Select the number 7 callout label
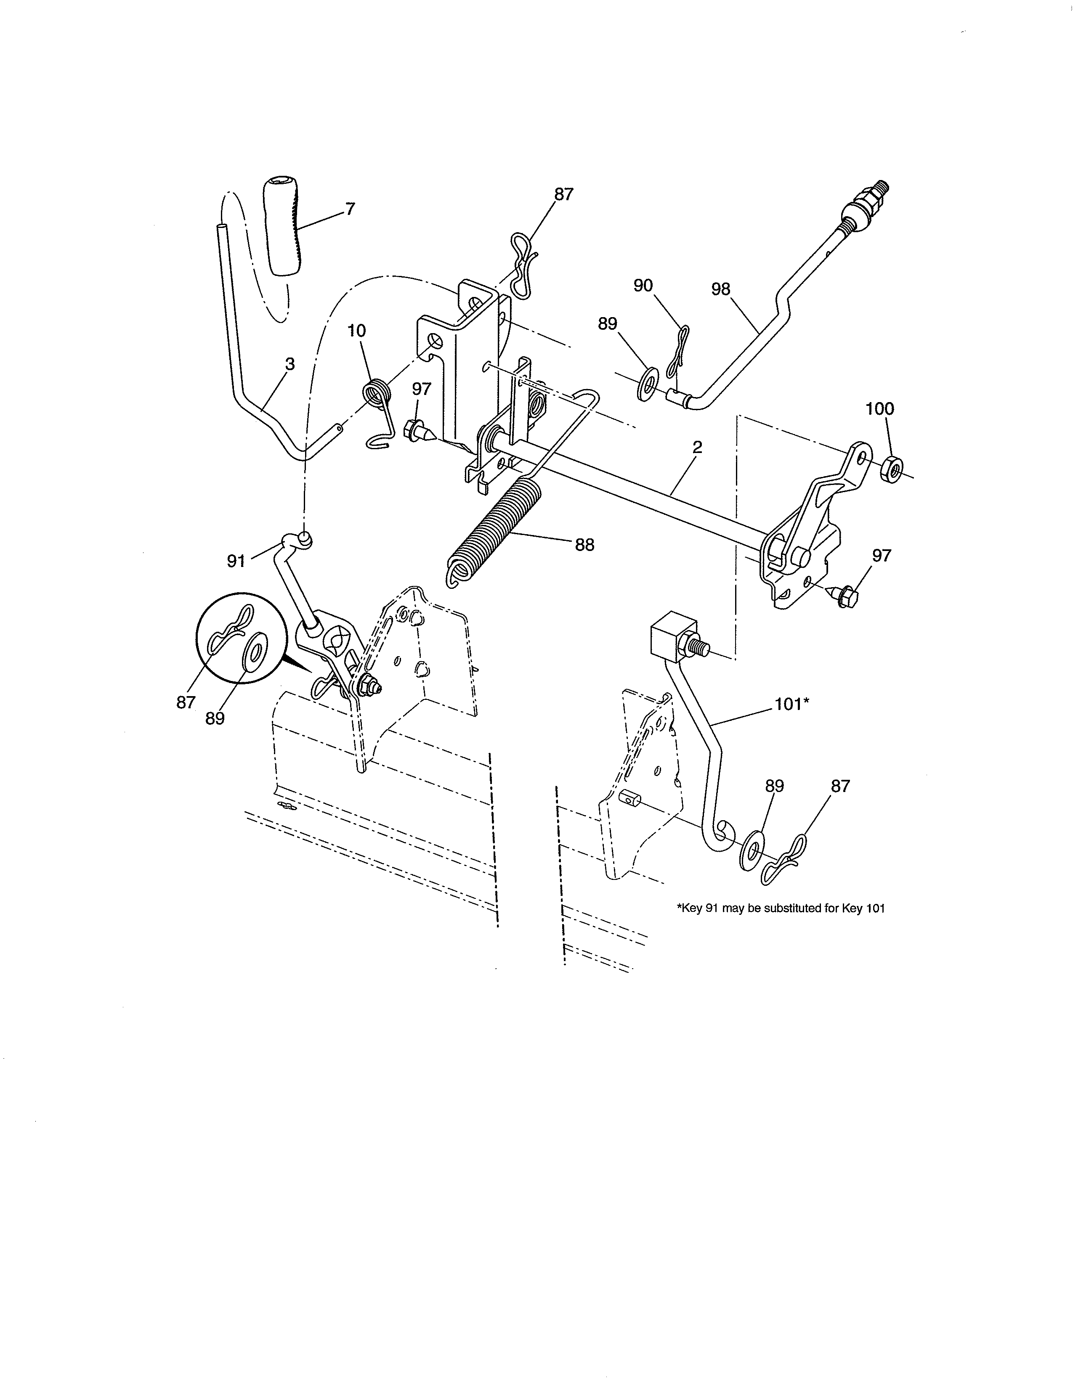[350, 209]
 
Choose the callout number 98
[721, 289]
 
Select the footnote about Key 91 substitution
[781, 908]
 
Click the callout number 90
[643, 286]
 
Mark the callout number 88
[585, 545]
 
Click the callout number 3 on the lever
[290, 364]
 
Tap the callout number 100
[880, 409]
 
